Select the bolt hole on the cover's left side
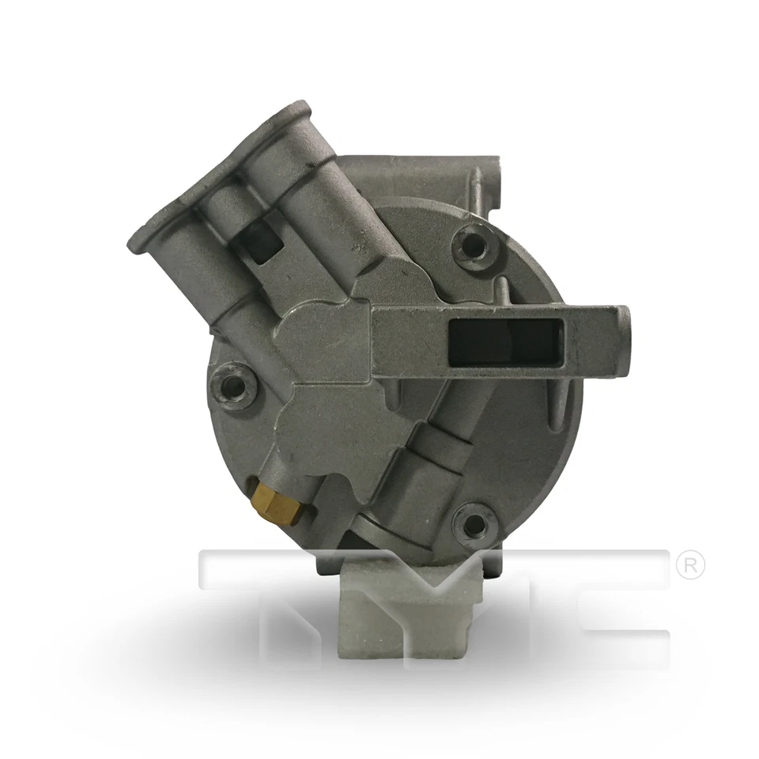(x=234, y=387)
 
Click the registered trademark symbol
(x=690, y=566)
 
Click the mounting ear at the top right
(x=487, y=184)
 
